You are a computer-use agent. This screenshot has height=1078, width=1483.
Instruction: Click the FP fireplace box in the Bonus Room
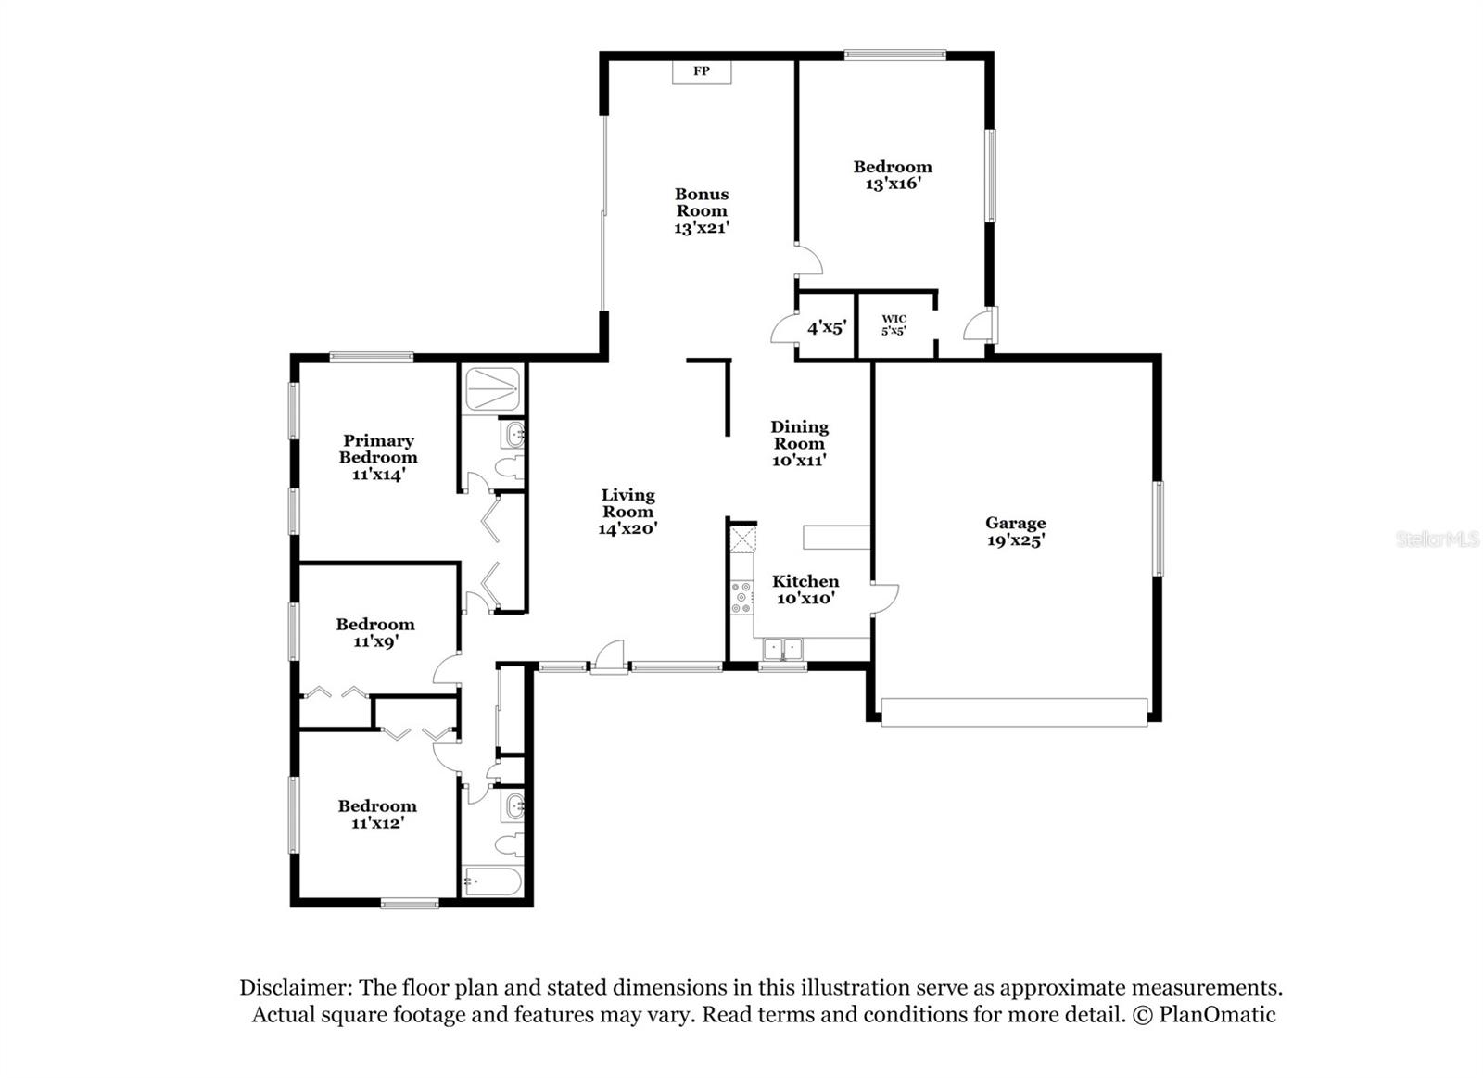click(x=702, y=71)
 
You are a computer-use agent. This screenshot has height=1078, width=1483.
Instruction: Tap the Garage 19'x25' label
click(x=1015, y=532)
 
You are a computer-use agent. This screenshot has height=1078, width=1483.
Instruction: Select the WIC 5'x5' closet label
click(x=894, y=324)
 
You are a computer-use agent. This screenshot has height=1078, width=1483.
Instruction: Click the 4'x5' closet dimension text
click(x=827, y=327)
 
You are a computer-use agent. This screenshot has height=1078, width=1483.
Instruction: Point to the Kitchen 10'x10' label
click(x=805, y=590)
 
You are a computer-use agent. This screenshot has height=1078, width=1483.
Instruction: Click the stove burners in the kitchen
click(x=741, y=598)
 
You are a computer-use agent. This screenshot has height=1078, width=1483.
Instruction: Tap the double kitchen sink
click(x=782, y=649)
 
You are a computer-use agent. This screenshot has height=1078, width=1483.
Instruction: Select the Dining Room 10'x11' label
click(x=799, y=443)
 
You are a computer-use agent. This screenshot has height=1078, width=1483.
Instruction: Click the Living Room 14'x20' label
click(x=627, y=512)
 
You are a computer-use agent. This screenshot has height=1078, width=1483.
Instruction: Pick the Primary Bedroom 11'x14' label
click(x=378, y=457)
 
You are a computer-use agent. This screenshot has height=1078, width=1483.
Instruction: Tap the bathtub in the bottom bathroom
click(x=492, y=881)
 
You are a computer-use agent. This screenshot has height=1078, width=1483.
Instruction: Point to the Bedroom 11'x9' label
click(x=375, y=632)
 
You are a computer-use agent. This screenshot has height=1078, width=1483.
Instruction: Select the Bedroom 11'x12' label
click(x=377, y=814)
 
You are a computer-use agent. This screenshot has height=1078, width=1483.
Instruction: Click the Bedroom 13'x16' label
click(x=893, y=175)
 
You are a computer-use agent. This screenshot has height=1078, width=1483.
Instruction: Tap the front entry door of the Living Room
click(x=609, y=660)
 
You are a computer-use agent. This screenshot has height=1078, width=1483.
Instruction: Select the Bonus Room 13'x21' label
click(x=702, y=210)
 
